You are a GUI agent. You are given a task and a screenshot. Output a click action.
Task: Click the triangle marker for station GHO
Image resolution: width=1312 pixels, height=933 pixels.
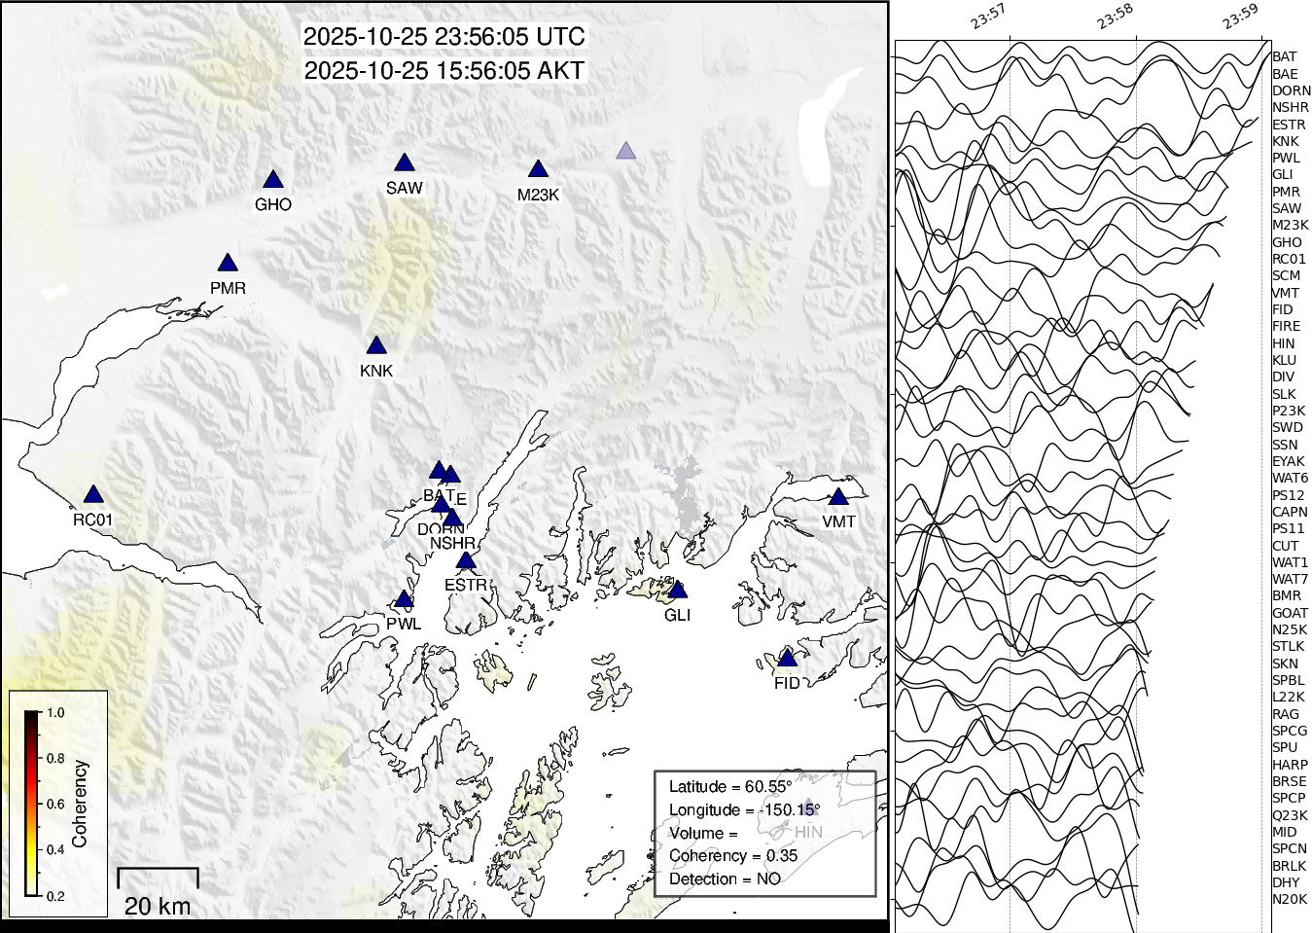tap(273, 180)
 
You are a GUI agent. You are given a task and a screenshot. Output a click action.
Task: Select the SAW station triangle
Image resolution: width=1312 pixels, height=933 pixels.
tap(405, 163)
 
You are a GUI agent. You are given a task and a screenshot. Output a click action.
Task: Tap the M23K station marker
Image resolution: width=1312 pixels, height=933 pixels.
tap(538, 170)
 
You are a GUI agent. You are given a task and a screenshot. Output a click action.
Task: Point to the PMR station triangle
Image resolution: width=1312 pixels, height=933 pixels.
tap(228, 264)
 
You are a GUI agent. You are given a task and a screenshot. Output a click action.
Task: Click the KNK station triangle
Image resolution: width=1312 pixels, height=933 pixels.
tap(376, 346)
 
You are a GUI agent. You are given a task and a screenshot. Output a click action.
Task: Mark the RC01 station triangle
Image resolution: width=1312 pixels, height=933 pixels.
tap(92, 495)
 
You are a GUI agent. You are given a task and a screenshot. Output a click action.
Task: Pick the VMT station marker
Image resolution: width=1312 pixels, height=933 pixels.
tap(838, 497)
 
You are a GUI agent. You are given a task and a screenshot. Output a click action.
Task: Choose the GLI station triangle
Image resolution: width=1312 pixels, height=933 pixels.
tap(678, 591)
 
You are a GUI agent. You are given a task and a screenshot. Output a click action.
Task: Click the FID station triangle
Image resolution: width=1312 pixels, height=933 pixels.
tap(788, 659)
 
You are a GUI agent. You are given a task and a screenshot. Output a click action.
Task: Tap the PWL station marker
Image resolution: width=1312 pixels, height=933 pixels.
tap(404, 599)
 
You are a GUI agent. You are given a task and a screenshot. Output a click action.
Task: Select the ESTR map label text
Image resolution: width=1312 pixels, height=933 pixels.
tap(465, 585)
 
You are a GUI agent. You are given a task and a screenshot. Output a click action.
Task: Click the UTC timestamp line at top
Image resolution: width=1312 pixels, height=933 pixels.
tap(444, 37)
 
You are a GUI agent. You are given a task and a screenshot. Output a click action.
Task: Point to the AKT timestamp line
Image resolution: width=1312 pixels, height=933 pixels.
tap(444, 71)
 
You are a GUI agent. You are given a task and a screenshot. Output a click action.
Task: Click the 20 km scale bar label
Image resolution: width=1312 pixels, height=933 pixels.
tap(158, 906)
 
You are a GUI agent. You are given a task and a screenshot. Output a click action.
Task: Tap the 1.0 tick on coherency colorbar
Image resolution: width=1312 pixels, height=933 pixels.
tap(55, 712)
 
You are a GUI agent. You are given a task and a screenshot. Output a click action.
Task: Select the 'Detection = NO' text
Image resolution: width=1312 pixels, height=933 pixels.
tap(725, 879)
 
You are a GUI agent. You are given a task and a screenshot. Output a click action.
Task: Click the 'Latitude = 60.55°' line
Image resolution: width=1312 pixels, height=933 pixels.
tap(729, 786)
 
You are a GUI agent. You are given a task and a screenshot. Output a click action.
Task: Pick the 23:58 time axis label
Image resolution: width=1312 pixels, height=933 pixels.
tap(1115, 17)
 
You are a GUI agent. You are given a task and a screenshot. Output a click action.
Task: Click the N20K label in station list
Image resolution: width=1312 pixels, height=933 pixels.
tap(1290, 899)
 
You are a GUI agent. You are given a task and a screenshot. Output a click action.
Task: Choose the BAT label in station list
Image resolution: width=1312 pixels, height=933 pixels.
tap(1284, 56)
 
